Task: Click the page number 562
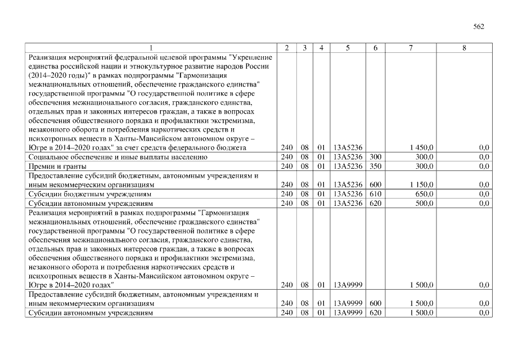(479, 26)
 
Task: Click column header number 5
(347, 48)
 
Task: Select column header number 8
(463, 48)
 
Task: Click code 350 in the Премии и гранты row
(375, 166)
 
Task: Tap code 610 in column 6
(375, 193)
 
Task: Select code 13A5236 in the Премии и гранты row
(347, 166)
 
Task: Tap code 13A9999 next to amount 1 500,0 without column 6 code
(347, 285)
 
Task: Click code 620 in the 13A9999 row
(375, 312)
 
